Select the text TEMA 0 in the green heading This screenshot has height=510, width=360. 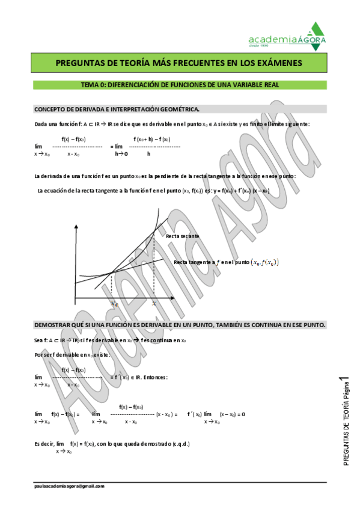pos(95,85)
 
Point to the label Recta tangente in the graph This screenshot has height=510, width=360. pos(194,262)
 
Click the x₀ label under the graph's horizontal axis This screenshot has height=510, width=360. pos(114,303)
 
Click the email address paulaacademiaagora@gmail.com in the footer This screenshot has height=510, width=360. pos(69,485)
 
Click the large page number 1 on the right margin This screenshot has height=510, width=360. pos(343,378)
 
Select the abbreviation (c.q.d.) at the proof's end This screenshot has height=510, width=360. pos(178,444)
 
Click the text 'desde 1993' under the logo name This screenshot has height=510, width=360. pos(257,46)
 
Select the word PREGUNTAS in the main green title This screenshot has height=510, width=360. pos(76,63)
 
